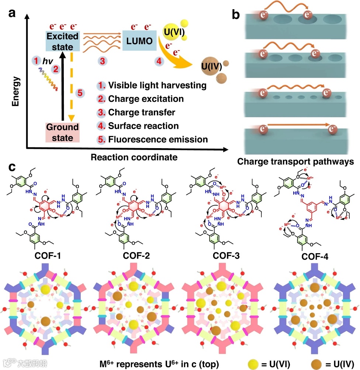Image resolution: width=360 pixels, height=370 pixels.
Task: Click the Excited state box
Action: [63, 41]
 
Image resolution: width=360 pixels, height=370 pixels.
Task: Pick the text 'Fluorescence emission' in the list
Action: [158, 140]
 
